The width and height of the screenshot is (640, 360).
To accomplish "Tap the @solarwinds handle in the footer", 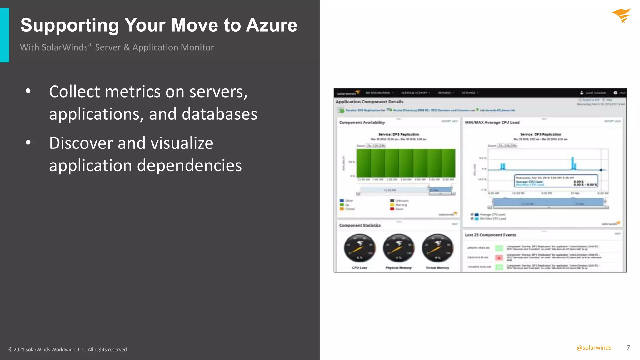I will tap(594, 348).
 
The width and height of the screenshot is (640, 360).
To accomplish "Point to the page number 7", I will tap(628, 348).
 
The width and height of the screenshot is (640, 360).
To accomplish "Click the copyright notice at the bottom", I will tap(68, 350).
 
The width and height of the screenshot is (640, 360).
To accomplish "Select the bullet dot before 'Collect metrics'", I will tap(28, 91).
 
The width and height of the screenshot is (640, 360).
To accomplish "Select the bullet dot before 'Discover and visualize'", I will tap(28, 143).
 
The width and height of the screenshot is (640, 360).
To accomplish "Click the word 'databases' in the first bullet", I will tap(219, 114).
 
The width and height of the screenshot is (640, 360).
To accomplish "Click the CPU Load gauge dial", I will tap(359, 248).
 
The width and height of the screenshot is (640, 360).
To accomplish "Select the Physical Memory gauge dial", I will tap(398, 248).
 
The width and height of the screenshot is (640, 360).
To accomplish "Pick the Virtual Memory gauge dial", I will tap(437, 248).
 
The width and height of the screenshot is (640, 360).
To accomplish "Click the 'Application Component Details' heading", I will tap(369, 102).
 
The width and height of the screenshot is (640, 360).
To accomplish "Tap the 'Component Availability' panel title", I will tap(362, 122).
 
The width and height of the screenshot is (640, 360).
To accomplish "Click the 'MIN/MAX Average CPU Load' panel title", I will tap(492, 122).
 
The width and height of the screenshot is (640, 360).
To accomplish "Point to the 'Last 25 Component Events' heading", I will tap(490, 235).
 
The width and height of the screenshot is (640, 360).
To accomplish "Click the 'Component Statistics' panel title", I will tap(360, 225).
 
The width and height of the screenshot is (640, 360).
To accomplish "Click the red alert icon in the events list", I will tap(499, 257).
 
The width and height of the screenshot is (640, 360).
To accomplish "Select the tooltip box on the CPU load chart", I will tap(556, 181).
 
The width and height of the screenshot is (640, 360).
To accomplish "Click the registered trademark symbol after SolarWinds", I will tap(90, 46).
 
